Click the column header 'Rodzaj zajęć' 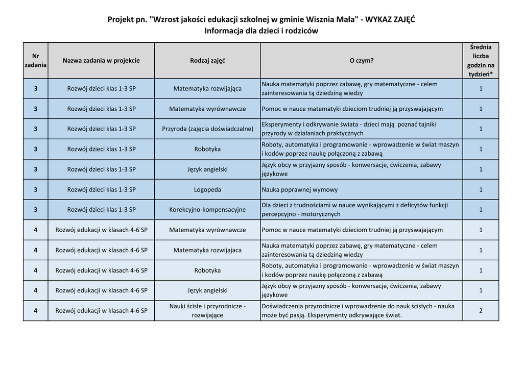click(x=207, y=61)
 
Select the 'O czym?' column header click(x=361, y=61)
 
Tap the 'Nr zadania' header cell click(x=36, y=61)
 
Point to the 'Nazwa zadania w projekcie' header click(x=101, y=61)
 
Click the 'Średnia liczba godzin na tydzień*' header click(x=481, y=61)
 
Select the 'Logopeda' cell click(x=207, y=190)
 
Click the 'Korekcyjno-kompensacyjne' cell click(x=207, y=210)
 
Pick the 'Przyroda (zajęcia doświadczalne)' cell click(x=207, y=129)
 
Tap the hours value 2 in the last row click(x=481, y=311)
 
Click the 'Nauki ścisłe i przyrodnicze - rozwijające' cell click(x=207, y=311)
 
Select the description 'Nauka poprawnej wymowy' click(x=300, y=190)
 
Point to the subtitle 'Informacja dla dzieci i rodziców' click(x=261, y=31)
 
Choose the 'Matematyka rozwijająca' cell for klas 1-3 click(x=207, y=89)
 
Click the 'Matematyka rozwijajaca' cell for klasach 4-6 click(x=207, y=250)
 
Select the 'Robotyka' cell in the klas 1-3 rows click(x=207, y=150)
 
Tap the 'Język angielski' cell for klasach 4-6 click(x=207, y=290)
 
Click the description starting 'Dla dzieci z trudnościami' click(x=354, y=210)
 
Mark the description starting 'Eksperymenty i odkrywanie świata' click(x=349, y=129)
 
